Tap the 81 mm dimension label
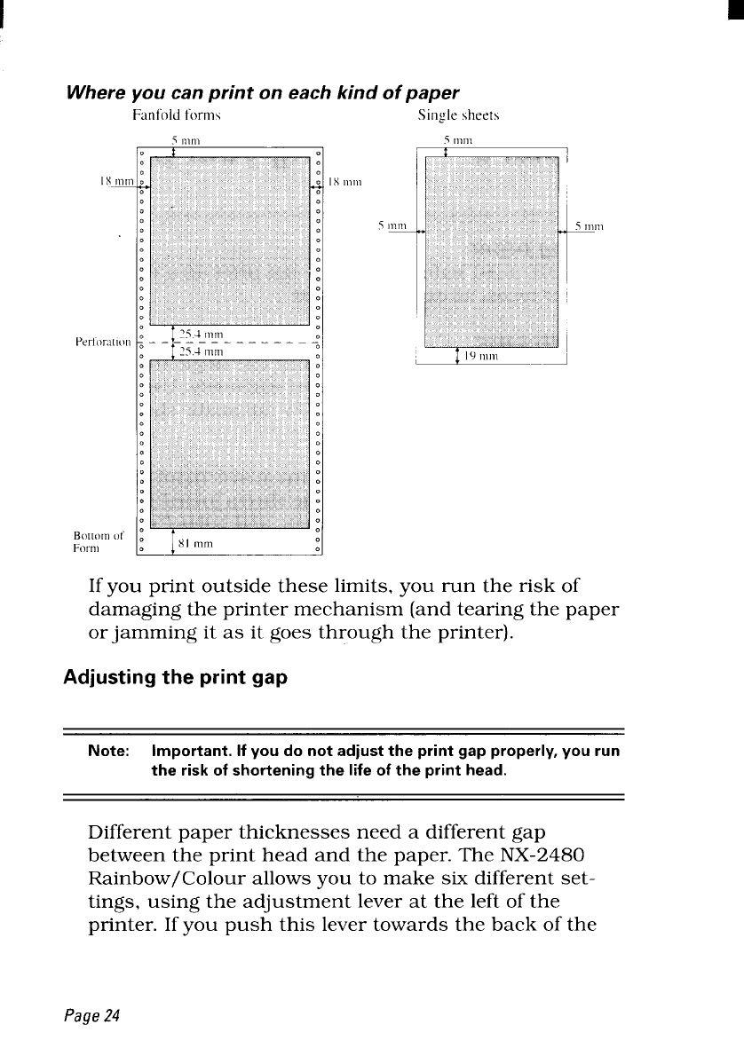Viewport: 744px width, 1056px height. coord(196,542)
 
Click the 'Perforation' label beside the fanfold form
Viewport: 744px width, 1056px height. coord(104,340)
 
